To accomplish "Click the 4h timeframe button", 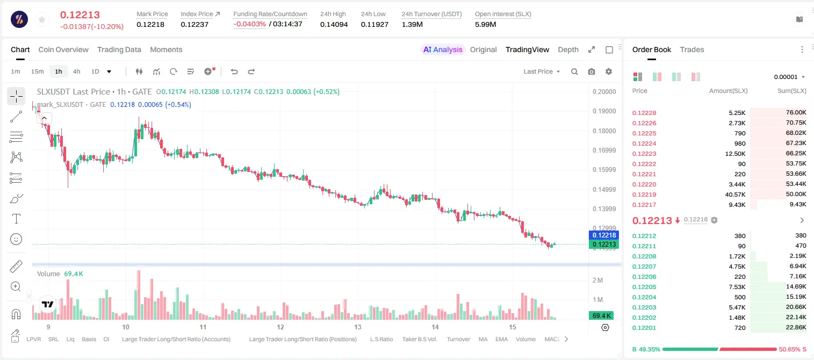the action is tap(76, 71).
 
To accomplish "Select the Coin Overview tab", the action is tap(63, 49).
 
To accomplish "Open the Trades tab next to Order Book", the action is tap(692, 49).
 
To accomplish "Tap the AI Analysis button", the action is tap(443, 49).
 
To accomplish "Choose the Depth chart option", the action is tap(568, 49).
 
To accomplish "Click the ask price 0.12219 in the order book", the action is tap(644, 195).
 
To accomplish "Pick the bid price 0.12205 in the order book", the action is tap(644, 286).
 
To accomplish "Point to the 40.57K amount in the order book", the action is tap(735, 195).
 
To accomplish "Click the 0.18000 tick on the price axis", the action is tap(604, 131).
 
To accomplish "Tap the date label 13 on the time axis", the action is tap(358, 327).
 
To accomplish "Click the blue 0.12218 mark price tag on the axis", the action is tap(604, 235).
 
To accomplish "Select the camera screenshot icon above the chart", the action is tap(592, 71).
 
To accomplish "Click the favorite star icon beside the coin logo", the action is tap(42, 19).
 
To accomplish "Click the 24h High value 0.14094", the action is tap(334, 24).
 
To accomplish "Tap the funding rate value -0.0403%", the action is tap(250, 24).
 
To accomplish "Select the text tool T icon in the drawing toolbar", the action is tap(16, 219).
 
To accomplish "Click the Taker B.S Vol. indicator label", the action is tap(420, 339).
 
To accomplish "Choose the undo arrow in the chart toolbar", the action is tap(234, 71).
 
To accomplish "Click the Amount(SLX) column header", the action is tap(728, 91).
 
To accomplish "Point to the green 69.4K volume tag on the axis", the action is tap(601, 316).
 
